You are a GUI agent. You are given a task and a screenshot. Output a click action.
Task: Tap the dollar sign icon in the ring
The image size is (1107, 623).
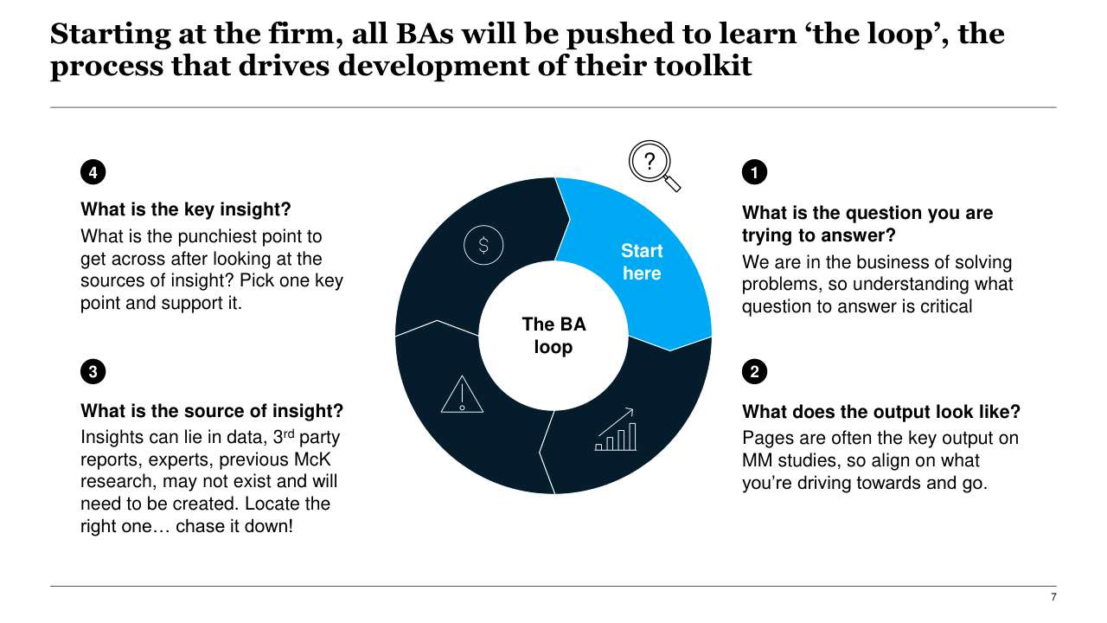(x=483, y=245)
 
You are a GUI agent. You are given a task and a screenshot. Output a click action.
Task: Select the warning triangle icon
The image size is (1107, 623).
(x=462, y=395)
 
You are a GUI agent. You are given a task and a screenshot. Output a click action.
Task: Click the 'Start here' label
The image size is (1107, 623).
(x=642, y=262)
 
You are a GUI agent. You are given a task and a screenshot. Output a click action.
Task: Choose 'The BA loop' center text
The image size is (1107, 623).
(x=553, y=336)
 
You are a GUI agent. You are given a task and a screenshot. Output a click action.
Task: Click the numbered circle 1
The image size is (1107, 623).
(x=754, y=173)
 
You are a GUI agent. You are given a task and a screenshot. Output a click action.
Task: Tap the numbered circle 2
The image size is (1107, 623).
(x=754, y=372)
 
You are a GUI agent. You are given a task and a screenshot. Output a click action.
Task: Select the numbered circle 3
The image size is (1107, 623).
(x=93, y=372)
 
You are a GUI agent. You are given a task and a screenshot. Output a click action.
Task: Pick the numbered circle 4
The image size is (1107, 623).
(x=93, y=172)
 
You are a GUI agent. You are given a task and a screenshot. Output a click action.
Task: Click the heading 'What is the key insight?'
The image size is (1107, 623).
(x=185, y=209)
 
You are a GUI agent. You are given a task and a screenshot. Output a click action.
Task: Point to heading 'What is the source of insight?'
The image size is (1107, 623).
(x=212, y=410)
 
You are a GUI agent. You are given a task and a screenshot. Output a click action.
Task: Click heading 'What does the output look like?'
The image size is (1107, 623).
(x=881, y=412)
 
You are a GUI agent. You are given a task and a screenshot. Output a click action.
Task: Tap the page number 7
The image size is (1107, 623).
(x=1053, y=597)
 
